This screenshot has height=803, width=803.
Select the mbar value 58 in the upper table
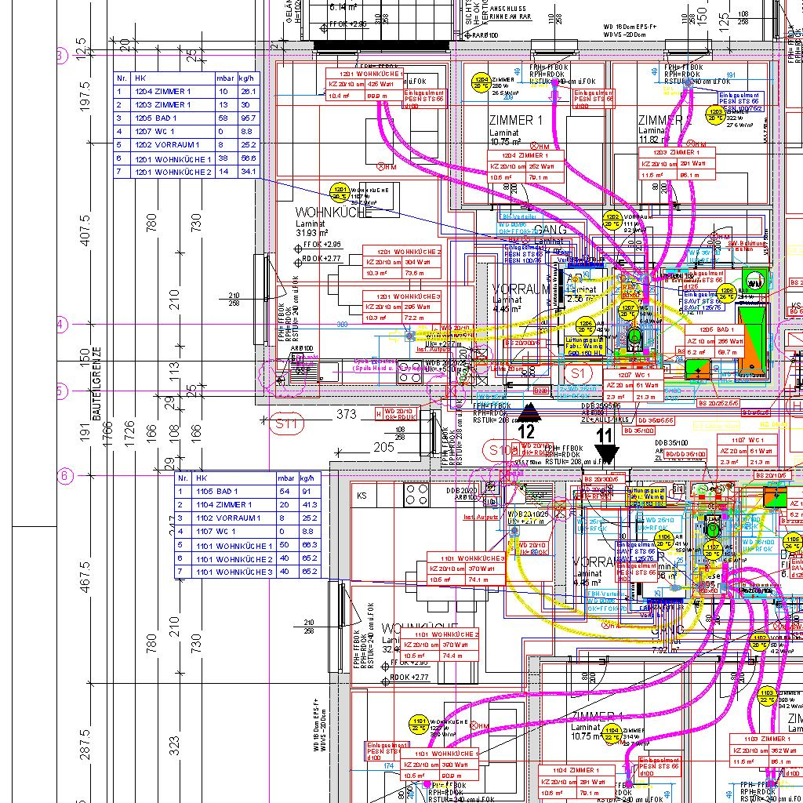223,118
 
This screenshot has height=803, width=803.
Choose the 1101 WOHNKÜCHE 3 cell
234,572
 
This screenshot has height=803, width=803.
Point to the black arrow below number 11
606,454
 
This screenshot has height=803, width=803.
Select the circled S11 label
288,424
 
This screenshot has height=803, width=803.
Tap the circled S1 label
578,373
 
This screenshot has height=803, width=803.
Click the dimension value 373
346,414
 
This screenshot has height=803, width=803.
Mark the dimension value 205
383,447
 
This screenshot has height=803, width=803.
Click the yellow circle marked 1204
481,82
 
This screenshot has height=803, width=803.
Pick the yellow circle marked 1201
340,193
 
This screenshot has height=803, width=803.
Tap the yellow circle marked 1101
420,724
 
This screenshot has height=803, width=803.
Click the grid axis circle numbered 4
63,324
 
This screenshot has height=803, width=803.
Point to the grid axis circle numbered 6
65,475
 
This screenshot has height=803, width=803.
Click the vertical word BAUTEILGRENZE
96,384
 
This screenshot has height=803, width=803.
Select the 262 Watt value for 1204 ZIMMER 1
541,166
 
